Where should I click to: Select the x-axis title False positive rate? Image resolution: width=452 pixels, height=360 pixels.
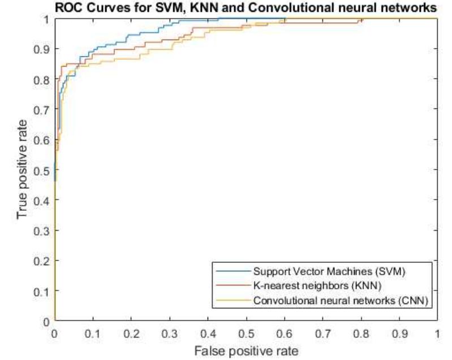coord(246,351)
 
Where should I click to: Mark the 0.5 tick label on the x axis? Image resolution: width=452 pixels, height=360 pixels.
coord(246,333)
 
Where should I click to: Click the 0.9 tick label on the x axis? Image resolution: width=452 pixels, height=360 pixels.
coord(399,333)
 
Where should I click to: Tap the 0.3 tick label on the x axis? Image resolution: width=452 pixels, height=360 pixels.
coord(169,333)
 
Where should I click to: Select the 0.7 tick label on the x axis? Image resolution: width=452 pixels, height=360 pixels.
coord(322,333)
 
